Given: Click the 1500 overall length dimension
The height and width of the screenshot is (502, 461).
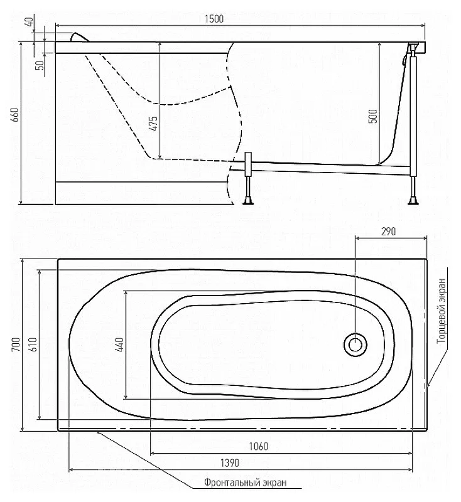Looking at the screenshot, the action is [214, 19].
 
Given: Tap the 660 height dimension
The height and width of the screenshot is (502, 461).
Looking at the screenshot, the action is [15, 115].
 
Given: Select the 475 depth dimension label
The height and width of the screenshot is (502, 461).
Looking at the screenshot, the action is [154, 123].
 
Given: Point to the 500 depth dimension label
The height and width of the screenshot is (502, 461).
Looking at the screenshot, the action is [373, 116].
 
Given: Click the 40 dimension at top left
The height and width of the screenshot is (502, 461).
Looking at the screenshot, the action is [29, 22].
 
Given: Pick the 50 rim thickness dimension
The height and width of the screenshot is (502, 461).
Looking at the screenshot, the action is [40, 65].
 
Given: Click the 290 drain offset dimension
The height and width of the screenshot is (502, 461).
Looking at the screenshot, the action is [388, 231].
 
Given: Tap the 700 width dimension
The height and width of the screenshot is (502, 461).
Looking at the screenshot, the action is [16, 344].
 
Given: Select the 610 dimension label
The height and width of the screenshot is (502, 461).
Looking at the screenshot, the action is [33, 344].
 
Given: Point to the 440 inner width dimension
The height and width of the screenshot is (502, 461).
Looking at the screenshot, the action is [119, 344].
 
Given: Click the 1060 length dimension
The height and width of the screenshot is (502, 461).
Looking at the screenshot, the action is [259, 446].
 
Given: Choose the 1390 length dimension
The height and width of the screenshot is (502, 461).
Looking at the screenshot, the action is [230, 463].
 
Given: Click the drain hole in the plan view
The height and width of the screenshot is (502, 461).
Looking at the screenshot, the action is [355, 344].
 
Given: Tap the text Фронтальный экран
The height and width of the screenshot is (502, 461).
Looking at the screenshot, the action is [246, 483].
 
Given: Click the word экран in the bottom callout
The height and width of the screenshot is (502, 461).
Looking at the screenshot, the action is [275, 483].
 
